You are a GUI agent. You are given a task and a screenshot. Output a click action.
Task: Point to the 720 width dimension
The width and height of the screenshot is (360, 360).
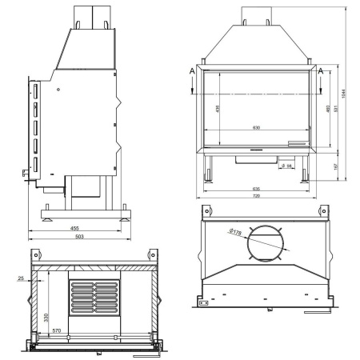tap(256, 195)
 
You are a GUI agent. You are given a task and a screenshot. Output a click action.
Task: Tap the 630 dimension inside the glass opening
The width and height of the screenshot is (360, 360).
tap(255, 127)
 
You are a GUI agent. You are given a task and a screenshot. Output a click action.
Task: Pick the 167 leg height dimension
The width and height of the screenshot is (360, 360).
tap(337, 165)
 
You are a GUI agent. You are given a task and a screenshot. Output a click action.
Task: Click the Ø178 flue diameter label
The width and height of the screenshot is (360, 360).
tap(236, 231)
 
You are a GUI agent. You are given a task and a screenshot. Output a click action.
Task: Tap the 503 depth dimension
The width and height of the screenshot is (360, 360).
tap(80, 236)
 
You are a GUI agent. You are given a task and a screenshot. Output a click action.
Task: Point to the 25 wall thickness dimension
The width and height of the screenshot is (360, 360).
tap(21, 278)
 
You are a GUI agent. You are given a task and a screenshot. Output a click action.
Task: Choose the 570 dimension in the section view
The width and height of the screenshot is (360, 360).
tap(56, 330)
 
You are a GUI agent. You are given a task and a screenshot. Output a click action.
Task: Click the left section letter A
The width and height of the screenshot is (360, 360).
tap(192, 70)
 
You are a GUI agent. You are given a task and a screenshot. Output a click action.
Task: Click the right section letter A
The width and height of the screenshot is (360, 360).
tap(322, 70)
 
